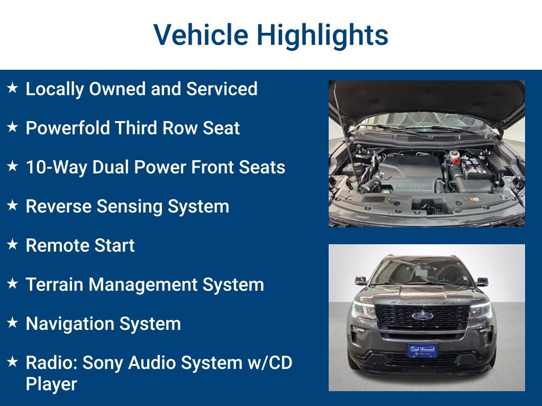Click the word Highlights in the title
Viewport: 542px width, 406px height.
[322, 35]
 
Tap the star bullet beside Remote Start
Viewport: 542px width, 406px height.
[13, 244]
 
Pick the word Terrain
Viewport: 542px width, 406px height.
[54, 284]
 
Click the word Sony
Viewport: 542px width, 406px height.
[103, 363]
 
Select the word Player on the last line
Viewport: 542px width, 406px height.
[51, 384]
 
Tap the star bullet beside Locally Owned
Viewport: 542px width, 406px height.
[13, 88]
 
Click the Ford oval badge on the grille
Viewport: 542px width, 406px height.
[422, 316]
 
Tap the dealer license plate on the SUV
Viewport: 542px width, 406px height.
[422, 350]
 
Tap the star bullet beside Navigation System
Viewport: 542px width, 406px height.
[13, 322]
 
